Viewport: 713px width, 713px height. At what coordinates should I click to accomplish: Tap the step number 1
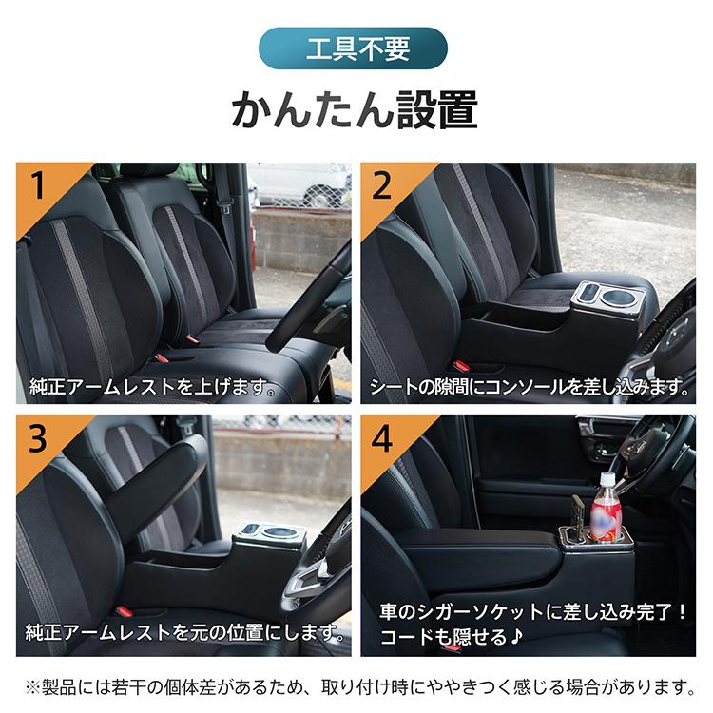tap(39, 186)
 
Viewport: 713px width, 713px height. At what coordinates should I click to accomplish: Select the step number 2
tap(382, 186)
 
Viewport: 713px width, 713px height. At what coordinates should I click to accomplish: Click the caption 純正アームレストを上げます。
tap(152, 388)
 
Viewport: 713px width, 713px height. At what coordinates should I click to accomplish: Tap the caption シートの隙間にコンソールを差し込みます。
tap(532, 388)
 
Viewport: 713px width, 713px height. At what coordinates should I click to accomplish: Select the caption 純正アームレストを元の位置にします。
tap(186, 632)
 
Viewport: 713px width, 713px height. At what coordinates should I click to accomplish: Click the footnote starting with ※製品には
tap(356, 684)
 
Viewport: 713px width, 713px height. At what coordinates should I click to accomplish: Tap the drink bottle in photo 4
tap(606, 509)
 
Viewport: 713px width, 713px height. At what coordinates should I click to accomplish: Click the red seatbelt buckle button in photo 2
tap(462, 366)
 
